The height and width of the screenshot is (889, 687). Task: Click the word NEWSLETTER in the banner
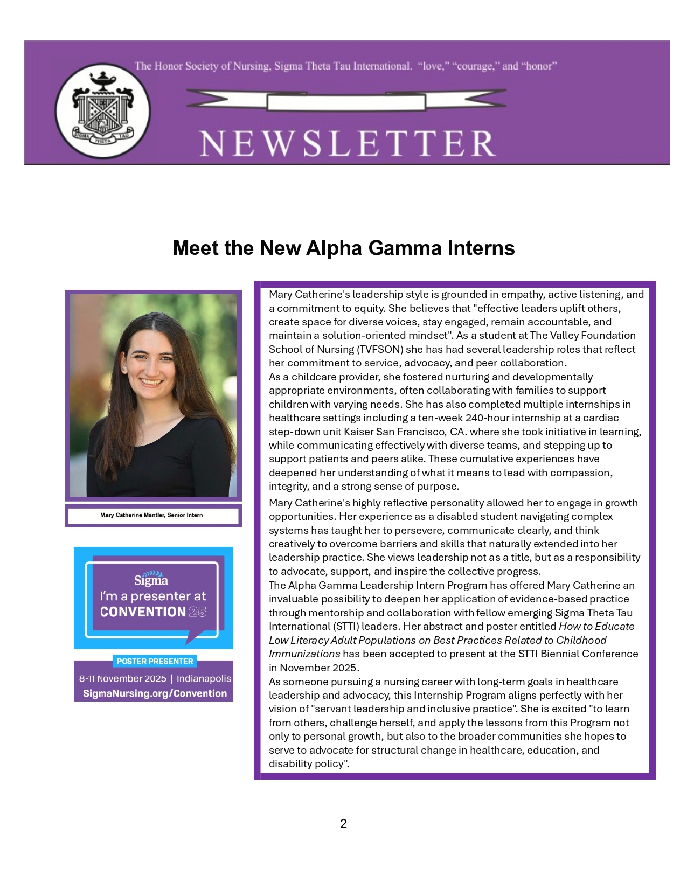click(348, 143)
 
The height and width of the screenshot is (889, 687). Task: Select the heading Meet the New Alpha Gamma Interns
click(344, 248)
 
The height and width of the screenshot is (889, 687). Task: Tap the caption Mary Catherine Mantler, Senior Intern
click(151, 515)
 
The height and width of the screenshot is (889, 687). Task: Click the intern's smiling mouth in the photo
click(151, 383)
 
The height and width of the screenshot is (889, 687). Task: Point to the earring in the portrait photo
click(124, 370)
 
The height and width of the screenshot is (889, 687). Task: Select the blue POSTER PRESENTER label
click(155, 661)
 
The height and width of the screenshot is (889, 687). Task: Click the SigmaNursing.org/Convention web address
click(155, 693)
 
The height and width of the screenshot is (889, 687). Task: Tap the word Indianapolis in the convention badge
click(204, 678)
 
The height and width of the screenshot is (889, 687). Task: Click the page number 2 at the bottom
click(343, 823)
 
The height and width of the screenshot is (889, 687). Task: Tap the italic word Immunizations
click(304, 654)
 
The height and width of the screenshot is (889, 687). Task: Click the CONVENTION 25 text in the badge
click(153, 612)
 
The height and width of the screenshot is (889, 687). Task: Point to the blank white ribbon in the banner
click(346, 101)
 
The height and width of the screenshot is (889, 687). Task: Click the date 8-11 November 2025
click(122, 678)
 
